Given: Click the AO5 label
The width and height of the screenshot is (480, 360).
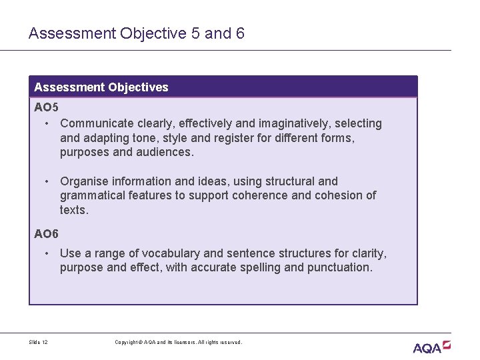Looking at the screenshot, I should (x=47, y=108).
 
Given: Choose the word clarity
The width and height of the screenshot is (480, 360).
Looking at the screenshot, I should (x=369, y=253).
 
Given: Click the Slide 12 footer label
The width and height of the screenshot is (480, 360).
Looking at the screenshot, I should (x=38, y=342).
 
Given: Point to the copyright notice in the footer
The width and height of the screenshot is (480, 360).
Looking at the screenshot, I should (x=179, y=342).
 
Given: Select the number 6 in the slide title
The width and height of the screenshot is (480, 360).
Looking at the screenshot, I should (x=240, y=33).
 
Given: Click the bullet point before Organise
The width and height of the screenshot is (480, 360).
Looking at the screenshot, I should (x=47, y=181).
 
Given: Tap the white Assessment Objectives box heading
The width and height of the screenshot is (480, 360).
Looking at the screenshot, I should (x=101, y=87).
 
